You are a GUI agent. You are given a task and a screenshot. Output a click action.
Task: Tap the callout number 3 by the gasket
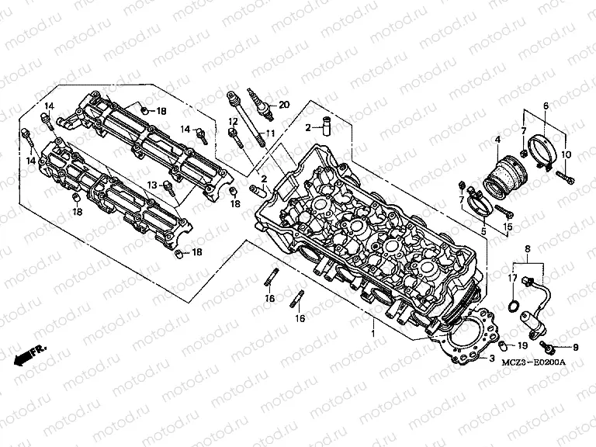[491, 359]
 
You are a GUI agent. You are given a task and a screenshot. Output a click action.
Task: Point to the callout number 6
[546, 106]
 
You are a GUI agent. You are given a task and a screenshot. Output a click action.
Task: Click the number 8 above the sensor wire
[528, 249]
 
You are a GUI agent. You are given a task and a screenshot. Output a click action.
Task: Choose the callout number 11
[272, 133]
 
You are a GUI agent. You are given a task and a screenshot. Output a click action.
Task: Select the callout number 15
[509, 226]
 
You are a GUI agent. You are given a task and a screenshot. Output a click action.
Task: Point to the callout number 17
[513, 278]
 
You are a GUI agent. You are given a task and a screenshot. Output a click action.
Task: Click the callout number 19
[522, 345]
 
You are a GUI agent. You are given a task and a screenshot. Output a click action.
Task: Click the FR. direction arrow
[29, 355]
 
